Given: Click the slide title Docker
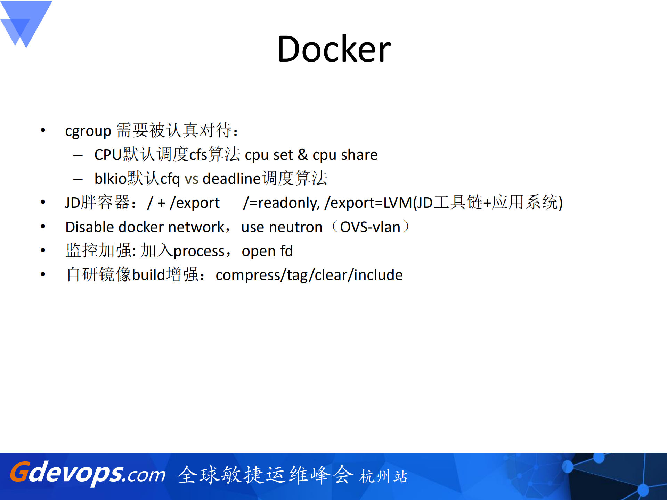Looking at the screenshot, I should (334, 49).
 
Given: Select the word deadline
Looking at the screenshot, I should (231, 179).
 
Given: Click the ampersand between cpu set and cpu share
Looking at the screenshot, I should (302, 155).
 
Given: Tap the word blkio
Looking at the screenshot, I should (111, 179).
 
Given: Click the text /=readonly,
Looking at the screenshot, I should (281, 203).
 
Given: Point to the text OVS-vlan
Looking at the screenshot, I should (370, 227).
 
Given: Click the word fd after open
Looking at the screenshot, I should (286, 251).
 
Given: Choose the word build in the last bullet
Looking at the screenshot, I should (148, 275).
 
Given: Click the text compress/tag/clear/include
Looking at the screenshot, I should (309, 275).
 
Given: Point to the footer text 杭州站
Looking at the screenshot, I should (383, 476).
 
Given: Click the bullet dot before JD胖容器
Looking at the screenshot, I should (43, 202).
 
